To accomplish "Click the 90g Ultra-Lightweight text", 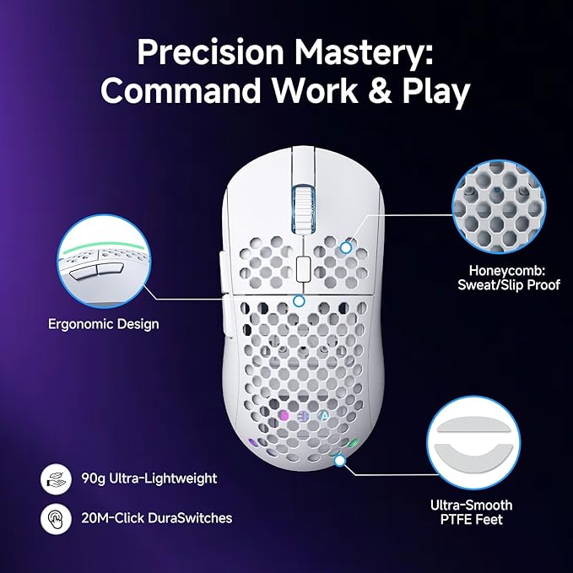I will click(x=149, y=478).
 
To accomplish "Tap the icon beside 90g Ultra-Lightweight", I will click(x=53, y=478).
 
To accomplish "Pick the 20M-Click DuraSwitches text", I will click(x=157, y=517).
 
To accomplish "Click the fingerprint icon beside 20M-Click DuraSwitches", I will click(x=53, y=517).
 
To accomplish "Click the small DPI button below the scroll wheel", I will click(x=300, y=268).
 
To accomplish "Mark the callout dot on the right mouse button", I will click(x=346, y=248).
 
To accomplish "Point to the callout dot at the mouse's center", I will click(x=298, y=300).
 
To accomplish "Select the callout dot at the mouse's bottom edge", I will click(x=340, y=461).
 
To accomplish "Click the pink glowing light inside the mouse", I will click(x=284, y=416).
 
